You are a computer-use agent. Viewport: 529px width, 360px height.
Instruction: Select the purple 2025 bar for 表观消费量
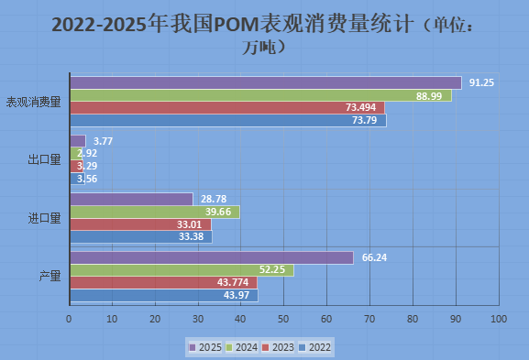click(x=265, y=82)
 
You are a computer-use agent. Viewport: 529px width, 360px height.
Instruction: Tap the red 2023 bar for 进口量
click(x=140, y=224)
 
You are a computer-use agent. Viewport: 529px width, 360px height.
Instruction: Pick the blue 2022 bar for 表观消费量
click(x=227, y=120)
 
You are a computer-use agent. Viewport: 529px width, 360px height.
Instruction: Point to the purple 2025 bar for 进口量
click(x=131, y=199)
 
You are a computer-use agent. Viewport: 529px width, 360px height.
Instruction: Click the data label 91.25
click(x=482, y=82)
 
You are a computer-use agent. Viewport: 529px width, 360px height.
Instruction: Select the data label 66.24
click(x=374, y=257)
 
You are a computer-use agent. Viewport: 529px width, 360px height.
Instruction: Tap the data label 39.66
click(x=258, y=212)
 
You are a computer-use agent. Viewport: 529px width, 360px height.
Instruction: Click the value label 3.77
click(x=104, y=141)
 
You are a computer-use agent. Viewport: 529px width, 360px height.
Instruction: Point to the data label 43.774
click(x=237, y=282)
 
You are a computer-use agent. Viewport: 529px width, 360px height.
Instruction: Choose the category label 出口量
click(x=44, y=160)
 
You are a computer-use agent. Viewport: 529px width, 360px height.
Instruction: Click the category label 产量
click(x=50, y=277)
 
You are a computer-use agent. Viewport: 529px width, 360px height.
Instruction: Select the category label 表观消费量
click(x=34, y=102)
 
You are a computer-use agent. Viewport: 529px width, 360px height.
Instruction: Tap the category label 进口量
click(x=44, y=218)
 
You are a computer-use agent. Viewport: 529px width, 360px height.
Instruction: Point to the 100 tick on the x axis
click(x=498, y=320)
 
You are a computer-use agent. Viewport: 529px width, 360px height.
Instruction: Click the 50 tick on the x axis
click(x=283, y=320)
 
